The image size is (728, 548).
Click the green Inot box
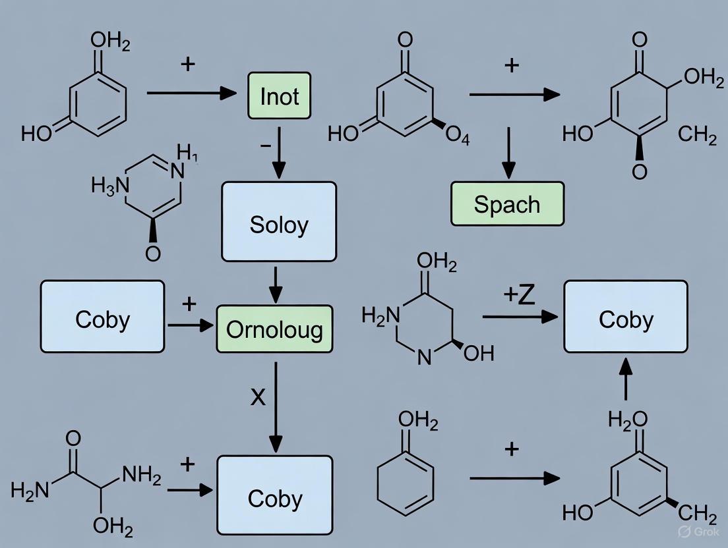click(279, 96)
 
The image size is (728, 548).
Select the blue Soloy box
click(279, 225)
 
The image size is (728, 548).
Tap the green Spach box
click(507, 204)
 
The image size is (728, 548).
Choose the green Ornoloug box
click(274, 328)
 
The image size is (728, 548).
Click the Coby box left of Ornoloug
click(102, 319)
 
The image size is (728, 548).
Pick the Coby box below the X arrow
click(275, 498)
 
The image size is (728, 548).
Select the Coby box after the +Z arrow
click(625, 319)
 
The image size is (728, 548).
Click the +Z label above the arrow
click(519, 295)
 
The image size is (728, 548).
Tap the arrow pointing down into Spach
click(508, 153)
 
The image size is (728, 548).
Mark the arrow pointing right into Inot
click(191, 94)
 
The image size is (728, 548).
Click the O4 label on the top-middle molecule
click(457, 136)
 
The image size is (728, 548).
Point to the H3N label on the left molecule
click(108, 187)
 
